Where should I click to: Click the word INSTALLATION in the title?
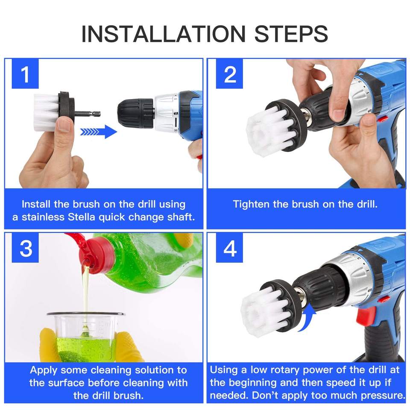click(x=164, y=34)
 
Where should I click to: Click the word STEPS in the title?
click(x=291, y=34)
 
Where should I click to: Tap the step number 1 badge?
click(x=25, y=74)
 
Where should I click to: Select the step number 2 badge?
click(x=229, y=74)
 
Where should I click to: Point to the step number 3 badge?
click(x=25, y=248)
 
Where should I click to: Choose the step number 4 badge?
click(x=229, y=248)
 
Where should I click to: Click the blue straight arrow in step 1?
click(x=98, y=132)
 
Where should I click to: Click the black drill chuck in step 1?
click(x=135, y=114)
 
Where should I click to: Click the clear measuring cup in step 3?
click(x=85, y=336)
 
